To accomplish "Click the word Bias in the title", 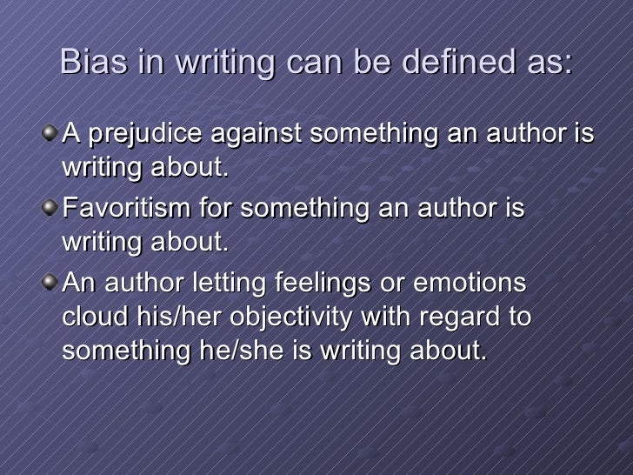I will pyautogui.click(x=92, y=64).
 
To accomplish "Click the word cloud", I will pyautogui.click(x=89, y=318).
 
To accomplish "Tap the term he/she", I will pyautogui.click(x=235, y=351).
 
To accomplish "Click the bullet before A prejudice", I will pyautogui.click(x=54, y=133).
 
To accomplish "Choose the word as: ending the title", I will pyautogui.click(x=551, y=64).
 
